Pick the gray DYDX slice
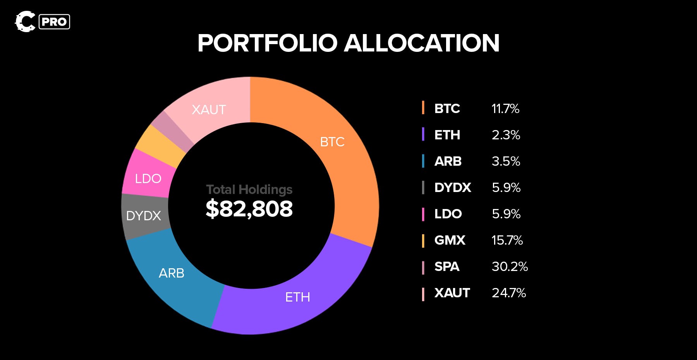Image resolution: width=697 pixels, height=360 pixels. [144, 216]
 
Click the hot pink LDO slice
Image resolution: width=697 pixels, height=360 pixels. [148, 176]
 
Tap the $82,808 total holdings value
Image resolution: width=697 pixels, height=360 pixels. [249, 209]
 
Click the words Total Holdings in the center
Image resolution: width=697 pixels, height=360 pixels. [249, 189]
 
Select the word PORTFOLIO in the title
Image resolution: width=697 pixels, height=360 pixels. [268, 43]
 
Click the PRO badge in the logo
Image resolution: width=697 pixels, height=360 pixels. [54, 22]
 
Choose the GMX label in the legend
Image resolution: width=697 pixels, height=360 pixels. [450, 240]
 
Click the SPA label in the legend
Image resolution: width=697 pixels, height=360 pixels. [447, 267]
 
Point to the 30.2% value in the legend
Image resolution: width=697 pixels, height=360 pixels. [510, 267]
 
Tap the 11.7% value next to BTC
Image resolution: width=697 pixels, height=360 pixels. [505, 109]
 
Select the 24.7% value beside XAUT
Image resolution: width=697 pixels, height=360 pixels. [509, 293]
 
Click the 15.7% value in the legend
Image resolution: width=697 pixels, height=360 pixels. [507, 240]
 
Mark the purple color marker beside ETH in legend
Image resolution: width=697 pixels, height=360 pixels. [423, 135]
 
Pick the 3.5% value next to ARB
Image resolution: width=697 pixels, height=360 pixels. [506, 161]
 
